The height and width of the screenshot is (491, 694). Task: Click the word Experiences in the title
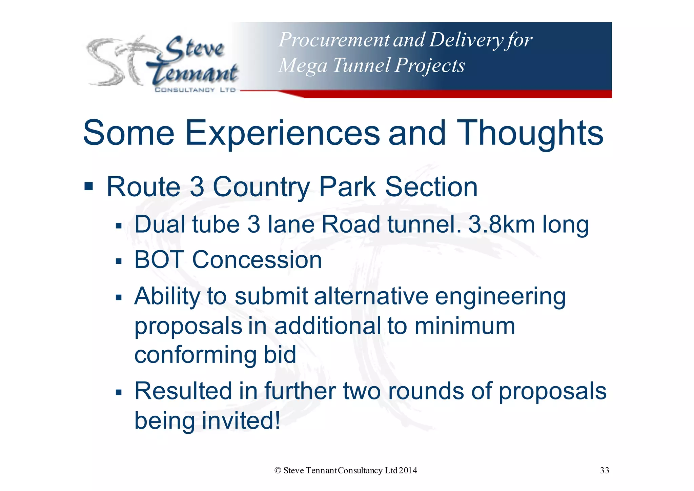pyautogui.click(x=282, y=133)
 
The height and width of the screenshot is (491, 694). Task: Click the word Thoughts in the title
pyautogui.click(x=530, y=133)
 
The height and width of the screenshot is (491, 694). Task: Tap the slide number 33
pyautogui.click(x=604, y=470)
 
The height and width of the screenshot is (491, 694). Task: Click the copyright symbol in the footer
pyautogui.click(x=278, y=470)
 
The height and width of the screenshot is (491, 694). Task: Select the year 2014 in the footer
pyautogui.click(x=408, y=470)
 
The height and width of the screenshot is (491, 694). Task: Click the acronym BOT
pyautogui.click(x=159, y=260)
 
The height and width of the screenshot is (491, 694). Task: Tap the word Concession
pyautogui.click(x=257, y=260)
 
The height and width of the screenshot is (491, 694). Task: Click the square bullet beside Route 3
pyautogui.click(x=88, y=186)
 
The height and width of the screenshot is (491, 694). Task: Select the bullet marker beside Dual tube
pyautogui.click(x=118, y=226)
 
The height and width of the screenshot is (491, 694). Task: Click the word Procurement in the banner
pyautogui.click(x=334, y=40)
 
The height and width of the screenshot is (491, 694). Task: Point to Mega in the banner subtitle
pyautogui.click(x=302, y=65)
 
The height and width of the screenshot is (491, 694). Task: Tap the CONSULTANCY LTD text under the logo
pyautogui.click(x=195, y=90)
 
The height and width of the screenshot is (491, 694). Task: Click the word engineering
pyautogui.click(x=500, y=296)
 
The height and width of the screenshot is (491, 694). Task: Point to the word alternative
pyautogui.click(x=371, y=296)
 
